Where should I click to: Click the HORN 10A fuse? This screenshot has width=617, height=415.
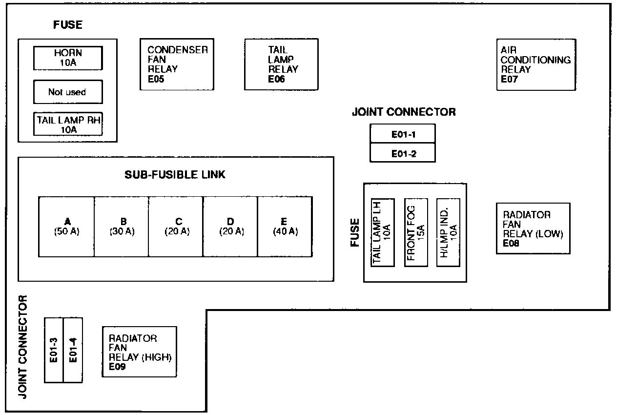(68, 58)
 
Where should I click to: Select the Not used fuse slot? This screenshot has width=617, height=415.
(68, 92)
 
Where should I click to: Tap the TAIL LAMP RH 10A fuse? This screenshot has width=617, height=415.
(68, 124)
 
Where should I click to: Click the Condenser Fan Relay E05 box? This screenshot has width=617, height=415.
(177, 64)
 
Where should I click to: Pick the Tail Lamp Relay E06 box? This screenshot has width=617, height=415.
(281, 64)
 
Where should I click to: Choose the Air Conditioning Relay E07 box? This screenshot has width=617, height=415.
(535, 64)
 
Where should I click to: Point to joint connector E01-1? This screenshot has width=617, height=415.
(403, 133)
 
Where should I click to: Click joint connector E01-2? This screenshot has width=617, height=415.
(403, 153)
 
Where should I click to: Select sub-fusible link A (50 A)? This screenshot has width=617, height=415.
(66, 227)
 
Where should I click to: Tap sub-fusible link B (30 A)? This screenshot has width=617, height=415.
(122, 227)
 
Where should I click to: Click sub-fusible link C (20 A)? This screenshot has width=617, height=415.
(176, 227)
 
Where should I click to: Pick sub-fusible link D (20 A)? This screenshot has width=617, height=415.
(230, 227)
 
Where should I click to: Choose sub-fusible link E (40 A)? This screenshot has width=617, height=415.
(285, 227)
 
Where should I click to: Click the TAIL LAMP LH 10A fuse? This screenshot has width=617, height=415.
(383, 232)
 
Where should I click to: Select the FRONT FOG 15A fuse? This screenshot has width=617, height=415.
(416, 232)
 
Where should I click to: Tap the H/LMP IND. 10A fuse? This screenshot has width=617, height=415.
(448, 232)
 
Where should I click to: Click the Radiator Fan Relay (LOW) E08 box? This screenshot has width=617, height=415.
(533, 228)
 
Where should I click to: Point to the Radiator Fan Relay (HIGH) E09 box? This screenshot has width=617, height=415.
(139, 352)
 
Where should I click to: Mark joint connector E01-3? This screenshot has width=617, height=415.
(54, 350)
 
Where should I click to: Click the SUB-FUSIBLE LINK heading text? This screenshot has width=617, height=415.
(175, 174)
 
